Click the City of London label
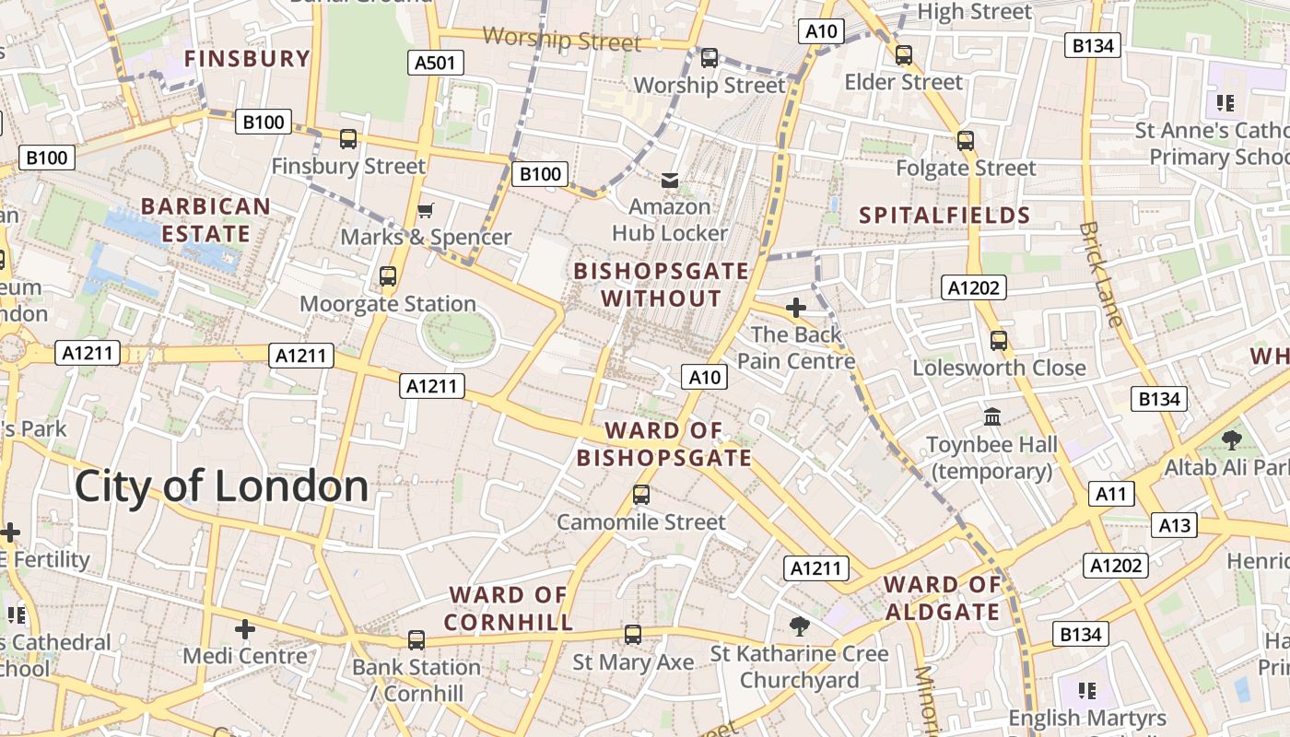click(x=221, y=486)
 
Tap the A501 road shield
click(x=435, y=63)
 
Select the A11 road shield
click(x=1110, y=495)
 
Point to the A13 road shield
click(x=1174, y=525)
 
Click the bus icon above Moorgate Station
click(x=388, y=276)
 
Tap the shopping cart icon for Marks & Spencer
click(x=425, y=211)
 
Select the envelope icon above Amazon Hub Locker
click(x=670, y=180)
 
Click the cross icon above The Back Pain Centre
click(x=796, y=308)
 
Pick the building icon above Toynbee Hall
click(x=992, y=417)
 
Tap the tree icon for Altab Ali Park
click(x=1231, y=440)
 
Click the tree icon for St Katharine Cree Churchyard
click(x=799, y=626)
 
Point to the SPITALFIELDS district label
click(x=944, y=216)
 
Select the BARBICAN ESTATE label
click(x=205, y=220)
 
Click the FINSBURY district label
click(x=247, y=59)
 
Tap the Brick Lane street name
click(x=1101, y=274)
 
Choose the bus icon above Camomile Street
click(x=641, y=495)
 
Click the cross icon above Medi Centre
click(x=245, y=629)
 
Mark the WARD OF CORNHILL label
click(x=508, y=609)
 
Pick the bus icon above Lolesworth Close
click(x=999, y=341)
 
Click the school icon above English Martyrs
click(x=1087, y=690)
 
